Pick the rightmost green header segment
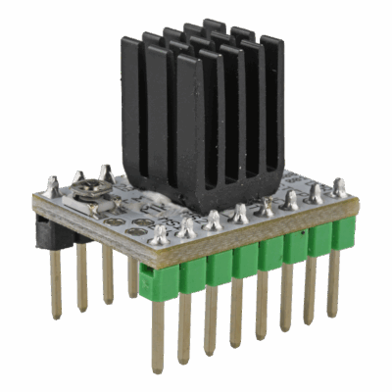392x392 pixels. (x=342, y=233)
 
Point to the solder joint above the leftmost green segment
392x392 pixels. (x=160, y=234)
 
